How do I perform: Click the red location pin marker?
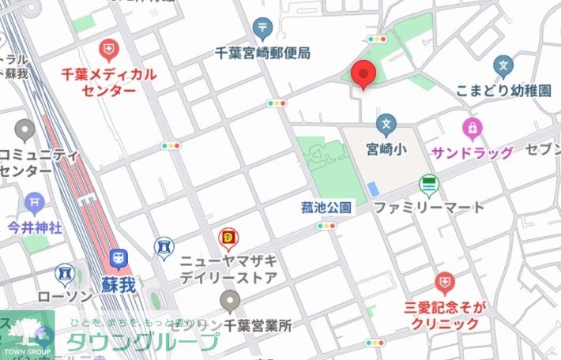coord(363,74)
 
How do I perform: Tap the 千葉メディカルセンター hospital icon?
coord(108,51)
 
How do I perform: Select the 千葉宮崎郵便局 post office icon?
coord(263,29)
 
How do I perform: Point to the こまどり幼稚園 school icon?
coord(503,65)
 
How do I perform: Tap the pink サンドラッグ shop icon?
coord(472,126)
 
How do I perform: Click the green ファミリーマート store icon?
coord(429,186)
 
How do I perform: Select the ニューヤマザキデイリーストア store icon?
coord(228,237)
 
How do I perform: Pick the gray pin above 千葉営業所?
coord(230,299)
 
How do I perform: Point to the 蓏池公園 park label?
coord(326,208)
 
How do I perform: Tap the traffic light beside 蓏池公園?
coord(326,226)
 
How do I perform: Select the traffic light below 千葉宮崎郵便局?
coord(277,103)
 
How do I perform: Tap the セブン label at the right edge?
coord(543,150)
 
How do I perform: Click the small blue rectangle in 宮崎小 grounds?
coord(372,189)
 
